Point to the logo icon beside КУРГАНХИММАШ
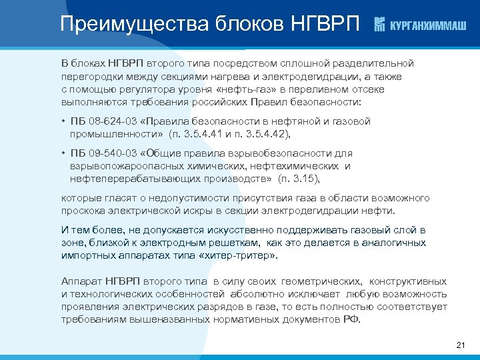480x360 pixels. coord(380,25)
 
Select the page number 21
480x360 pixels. coord(459,345)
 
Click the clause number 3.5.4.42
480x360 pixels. coord(265,133)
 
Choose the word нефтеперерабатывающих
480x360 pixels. coord(126,179)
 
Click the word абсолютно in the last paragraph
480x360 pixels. coord(259,294)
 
